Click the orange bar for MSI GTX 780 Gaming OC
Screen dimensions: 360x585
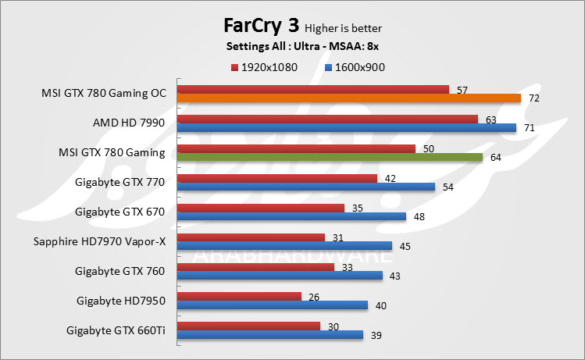pos(349,98)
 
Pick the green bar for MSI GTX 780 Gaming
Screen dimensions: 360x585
pos(330,157)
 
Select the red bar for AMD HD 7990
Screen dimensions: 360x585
pos(327,119)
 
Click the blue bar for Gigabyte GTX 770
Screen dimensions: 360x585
pos(306,187)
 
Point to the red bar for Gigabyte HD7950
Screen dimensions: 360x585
pos(240,296)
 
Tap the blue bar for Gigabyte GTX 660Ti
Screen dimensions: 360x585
pos(270,334)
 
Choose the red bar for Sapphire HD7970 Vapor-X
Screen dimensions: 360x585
pos(251,237)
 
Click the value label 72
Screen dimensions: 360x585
pos(534,99)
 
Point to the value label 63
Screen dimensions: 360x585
pos(491,119)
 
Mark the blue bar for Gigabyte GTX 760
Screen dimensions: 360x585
pos(280,276)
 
